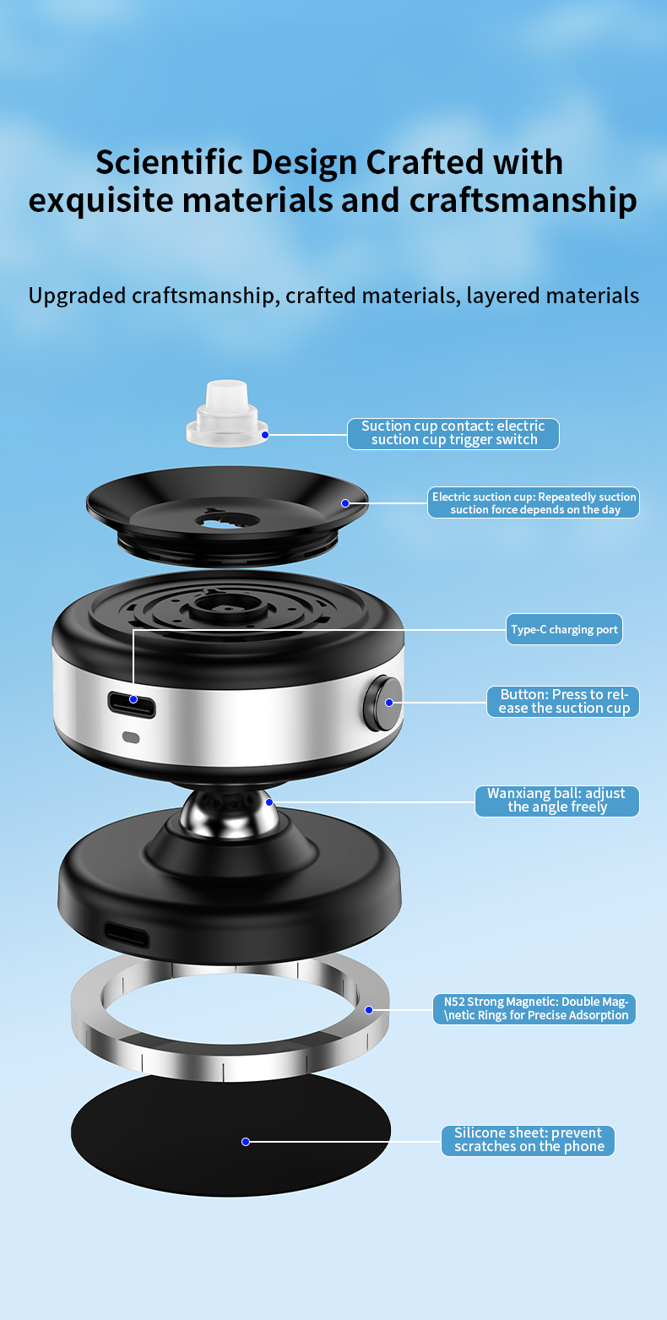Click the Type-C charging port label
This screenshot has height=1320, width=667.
[564, 629]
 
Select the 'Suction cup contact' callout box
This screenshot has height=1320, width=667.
[453, 432]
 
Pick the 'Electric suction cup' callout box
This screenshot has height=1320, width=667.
[534, 502]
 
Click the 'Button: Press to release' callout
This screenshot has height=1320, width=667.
[563, 701]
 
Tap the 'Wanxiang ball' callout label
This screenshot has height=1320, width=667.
[556, 801]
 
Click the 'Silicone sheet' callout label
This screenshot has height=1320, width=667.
[528, 1140]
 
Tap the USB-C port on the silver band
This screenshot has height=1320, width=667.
[132, 703]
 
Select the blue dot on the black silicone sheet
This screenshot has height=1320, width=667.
[246, 1142]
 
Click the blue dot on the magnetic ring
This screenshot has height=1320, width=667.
[369, 1009]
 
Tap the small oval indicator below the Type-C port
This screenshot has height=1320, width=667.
[131, 736]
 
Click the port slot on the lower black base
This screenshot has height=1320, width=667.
[127, 935]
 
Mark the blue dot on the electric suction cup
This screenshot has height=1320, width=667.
[345, 503]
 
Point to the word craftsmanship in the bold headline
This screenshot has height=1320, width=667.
[523, 201]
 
